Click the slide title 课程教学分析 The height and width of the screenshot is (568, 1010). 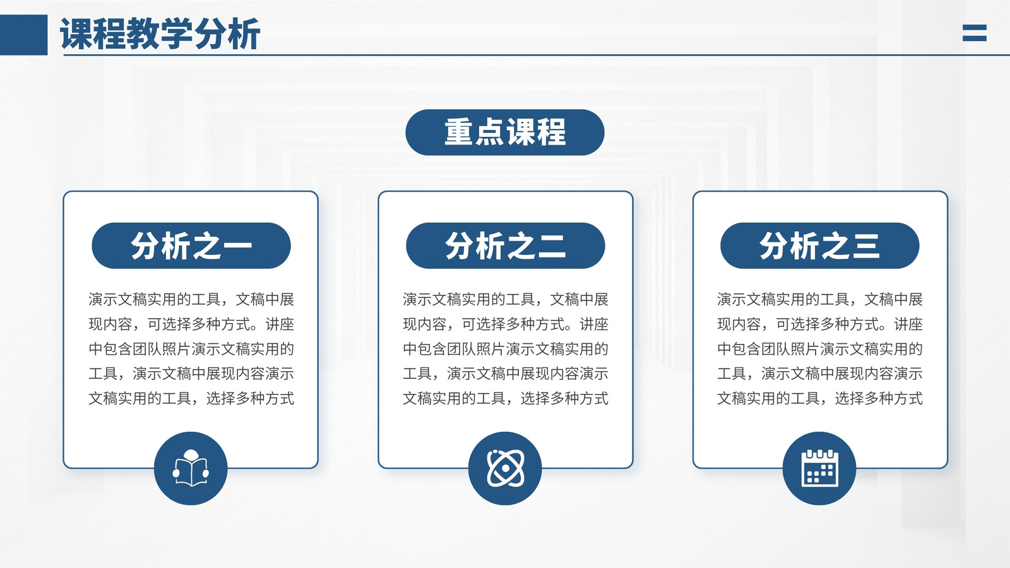coord(160,34)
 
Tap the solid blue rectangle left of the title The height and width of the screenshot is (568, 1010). coord(23,35)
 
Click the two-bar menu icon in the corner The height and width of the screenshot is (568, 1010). coord(975,33)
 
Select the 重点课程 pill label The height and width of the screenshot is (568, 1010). coord(505,133)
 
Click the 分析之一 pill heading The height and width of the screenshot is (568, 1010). coord(191,246)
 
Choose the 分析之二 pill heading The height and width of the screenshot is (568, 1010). coord(506,246)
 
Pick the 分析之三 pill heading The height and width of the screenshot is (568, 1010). coord(820,246)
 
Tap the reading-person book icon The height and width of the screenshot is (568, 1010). coord(191,468)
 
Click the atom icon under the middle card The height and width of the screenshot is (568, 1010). coord(505,468)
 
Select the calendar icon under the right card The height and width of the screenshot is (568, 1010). coord(819,468)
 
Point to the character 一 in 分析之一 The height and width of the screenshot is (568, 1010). coord(237,246)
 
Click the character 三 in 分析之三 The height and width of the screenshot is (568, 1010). coord(865,246)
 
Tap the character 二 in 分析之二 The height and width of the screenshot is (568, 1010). coord(552,246)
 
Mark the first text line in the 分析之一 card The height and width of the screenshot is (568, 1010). coord(191,299)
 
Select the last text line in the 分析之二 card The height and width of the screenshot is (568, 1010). coord(506,398)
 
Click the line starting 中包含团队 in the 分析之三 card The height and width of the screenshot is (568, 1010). coord(820,349)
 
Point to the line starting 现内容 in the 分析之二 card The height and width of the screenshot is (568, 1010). coord(506,324)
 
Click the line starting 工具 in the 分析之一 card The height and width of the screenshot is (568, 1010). coord(191,374)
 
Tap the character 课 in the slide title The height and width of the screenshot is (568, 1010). coord(76,34)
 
